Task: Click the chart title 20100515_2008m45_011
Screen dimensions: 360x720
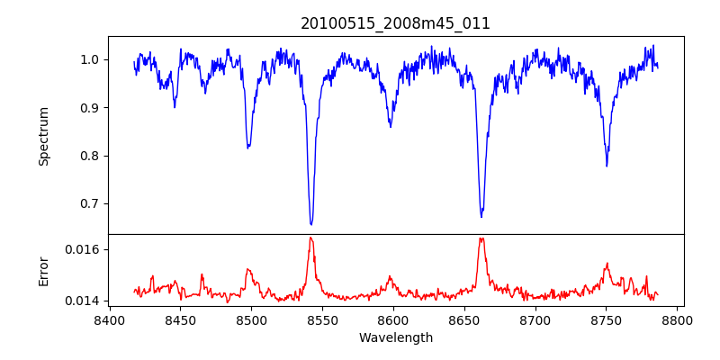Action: tap(395, 23)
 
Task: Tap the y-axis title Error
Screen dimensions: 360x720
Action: tap(43, 271)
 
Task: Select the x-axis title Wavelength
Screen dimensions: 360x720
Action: tap(395, 338)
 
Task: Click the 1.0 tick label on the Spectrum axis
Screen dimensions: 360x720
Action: tap(89, 60)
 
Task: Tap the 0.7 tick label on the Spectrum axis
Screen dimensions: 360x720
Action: tap(89, 203)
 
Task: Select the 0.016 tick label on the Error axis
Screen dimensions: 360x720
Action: tap(84, 249)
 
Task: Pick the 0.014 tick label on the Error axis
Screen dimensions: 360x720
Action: tap(84, 301)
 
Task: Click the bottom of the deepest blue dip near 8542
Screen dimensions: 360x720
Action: tap(311, 224)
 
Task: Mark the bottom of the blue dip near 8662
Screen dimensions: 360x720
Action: tap(481, 217)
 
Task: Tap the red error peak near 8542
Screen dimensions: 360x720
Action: tap(310, 238)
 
